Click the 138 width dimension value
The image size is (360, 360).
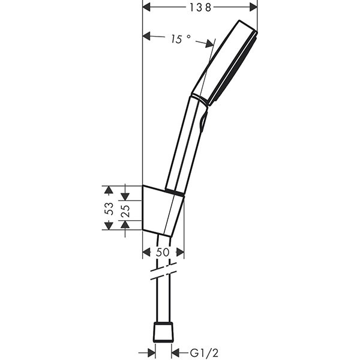(x=200, y=7)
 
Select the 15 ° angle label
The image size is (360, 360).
(x=179, y=38)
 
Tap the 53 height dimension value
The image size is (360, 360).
(x=109, y=208)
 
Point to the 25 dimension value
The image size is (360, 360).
(x=125, y=211)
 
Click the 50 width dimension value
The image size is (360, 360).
(x=163, y=253)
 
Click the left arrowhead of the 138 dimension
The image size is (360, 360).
(x=148, y=7)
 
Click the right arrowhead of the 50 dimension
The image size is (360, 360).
(x=179, y=253)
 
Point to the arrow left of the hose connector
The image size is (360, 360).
(x=149, y=353)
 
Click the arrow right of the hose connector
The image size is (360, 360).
(x=176, y=353)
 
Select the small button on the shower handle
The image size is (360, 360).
(x=203, y=122)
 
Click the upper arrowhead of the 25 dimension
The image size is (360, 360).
(x=125, y=195)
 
